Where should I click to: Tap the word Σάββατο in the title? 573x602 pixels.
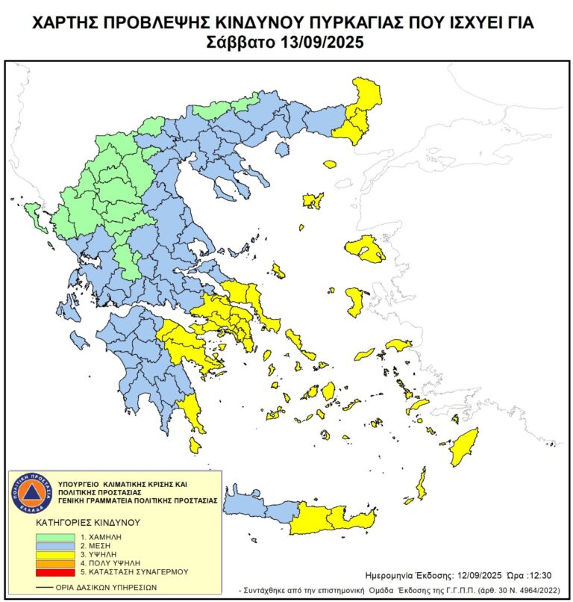(x=239, y=42)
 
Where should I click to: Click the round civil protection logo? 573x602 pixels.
(x=31, y=494)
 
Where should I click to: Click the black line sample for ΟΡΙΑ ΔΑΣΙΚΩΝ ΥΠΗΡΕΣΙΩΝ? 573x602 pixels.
(x=43, y=587)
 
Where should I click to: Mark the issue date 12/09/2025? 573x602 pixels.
(x=479, y=575)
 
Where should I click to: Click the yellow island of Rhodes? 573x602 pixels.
(x=464, y=446)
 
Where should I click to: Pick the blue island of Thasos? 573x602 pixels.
(x=282, y=150)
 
